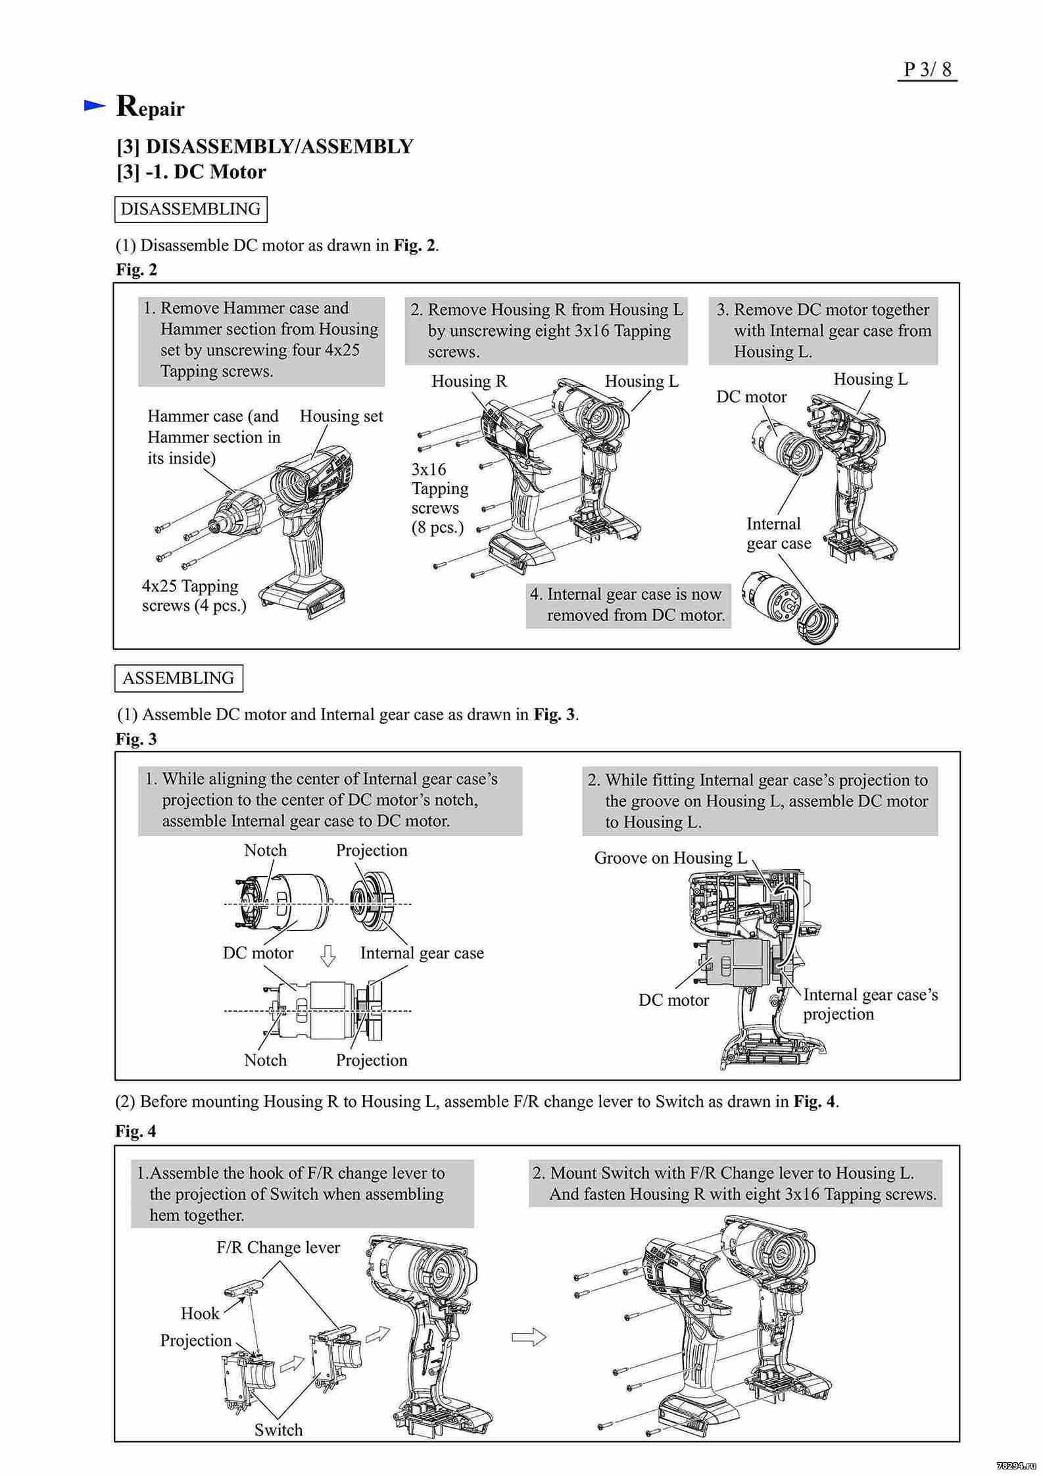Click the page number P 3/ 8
pyautogui.click(x=927, y=69)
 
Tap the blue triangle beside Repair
pyautogui.click(x=95, y=105)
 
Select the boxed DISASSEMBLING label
pyautogui.click(x=191, y=209)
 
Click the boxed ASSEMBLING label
pyautogui.click(x=178, y=678)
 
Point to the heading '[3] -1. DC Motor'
pyautogui.click(x=191, y=172)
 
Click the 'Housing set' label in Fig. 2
pyautogui.click(x=341, y=416)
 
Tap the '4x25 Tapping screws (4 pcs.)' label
pyautogui.click(x=194, y=595)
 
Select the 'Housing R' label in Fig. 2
pyautogui.click(x=469, y=381)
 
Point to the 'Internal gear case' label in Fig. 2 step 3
pyautogui.click(x=779, y=533)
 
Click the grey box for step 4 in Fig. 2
pyautogui.click(x=628, y=604)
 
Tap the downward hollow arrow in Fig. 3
pyautogui.click(x=327, y=956)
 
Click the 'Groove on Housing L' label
pyautogui.click(x=670, y=858)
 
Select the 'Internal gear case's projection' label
pyautogui.click(x=870, y=1004)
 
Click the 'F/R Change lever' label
pyautogui.click(x=278, y=1247)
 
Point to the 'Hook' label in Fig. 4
pyautogui.click(x=200, y=1313)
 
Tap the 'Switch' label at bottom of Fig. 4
pyautogui.click(x=278, y=1429)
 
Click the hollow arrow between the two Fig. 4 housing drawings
pyautogui.click(x=529, y=1337)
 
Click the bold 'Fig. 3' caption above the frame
pyautogui.click(x=136, y=739)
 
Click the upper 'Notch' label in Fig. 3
pyautogui.click(x=265, y=850)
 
